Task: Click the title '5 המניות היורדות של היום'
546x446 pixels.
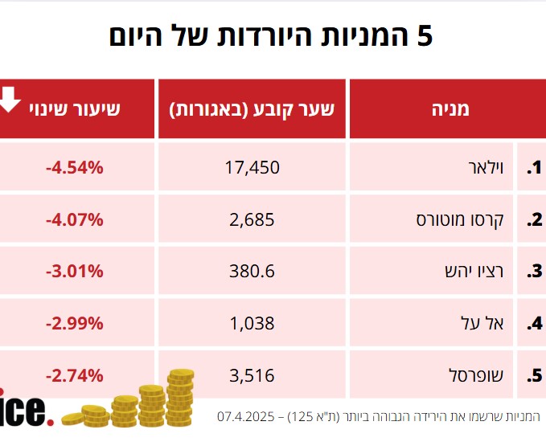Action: [x=271, y=37]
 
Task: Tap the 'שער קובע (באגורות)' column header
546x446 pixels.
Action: [x=252, y=108]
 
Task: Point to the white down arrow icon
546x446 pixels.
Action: [x=10, y=100]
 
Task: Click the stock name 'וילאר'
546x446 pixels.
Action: [x=485, y=168]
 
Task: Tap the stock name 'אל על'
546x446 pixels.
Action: [x=487, y=324]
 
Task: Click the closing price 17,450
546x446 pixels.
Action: [x=252, y=168]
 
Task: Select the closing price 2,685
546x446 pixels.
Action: [x=252, y=219]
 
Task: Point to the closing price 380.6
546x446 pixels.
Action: [x=252, y=272]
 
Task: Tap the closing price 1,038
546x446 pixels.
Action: [x=252, y=324]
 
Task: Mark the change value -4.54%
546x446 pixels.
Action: [x=74, y=168]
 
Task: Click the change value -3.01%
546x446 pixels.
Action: [x=74, y=272]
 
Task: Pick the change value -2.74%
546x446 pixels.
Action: [x=74, y=375]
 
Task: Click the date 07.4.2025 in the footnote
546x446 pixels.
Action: [x=247, y=417]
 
